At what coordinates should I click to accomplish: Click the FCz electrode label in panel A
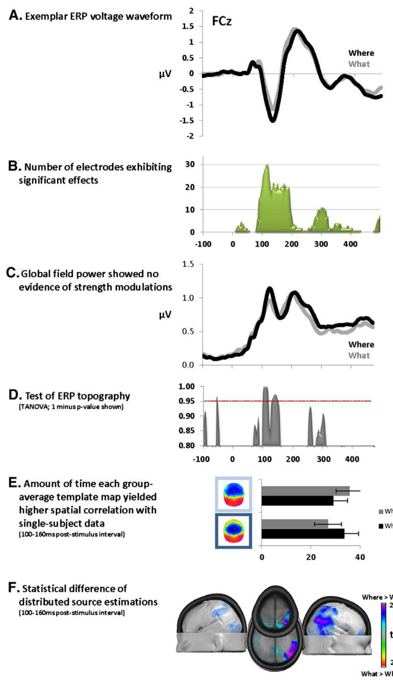222,22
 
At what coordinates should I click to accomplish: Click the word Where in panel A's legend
361,53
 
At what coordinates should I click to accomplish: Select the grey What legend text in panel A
359,64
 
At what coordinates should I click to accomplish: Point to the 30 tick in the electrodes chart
190,164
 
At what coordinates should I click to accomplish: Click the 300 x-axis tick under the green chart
321,244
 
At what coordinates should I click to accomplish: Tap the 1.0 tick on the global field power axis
188,298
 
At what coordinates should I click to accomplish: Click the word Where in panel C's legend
361,345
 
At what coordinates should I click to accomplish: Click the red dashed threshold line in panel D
325,401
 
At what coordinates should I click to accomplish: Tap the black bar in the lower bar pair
303,534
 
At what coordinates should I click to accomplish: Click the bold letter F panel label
12,588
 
